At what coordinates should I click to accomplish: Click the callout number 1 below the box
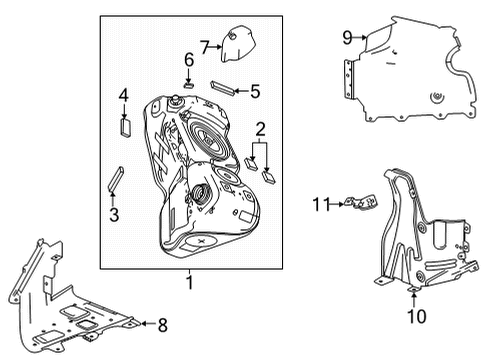pos(188,283)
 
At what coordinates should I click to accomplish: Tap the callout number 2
pos(261,129)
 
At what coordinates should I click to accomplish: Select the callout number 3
pos(113,213)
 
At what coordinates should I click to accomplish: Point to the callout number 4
pos(124,96)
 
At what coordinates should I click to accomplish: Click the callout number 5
pos(255,92)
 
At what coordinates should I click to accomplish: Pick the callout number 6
pos(187,60)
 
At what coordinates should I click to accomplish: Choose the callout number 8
pos(163,324)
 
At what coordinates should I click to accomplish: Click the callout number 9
pos(347,38)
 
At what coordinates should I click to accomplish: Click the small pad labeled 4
pos(125,125)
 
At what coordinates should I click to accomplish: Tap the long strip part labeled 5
pos(223,87)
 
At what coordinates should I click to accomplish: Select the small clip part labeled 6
pos(188,84)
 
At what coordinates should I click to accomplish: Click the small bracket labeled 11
pos(355,205)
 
